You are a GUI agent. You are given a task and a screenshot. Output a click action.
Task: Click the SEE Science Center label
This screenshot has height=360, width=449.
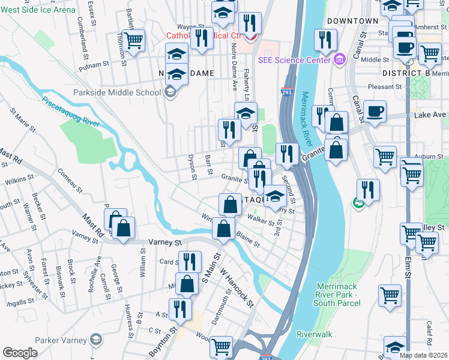click(x=295, y=59)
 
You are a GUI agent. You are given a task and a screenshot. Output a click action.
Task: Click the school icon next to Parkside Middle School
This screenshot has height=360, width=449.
click(x=170, y=92)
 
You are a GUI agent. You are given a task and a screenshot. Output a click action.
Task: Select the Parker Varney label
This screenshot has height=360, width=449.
click(x=61, y=340)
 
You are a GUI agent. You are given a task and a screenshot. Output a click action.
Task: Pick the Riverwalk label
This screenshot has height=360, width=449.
click(x=314, y=333)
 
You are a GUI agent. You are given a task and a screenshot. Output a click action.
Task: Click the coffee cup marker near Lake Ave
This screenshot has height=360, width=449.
click(x=375, y=111)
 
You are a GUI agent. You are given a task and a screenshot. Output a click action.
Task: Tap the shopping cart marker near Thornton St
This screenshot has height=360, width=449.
click(x=134, y=41)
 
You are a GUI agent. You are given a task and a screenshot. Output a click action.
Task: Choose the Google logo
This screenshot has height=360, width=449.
click(x=20, y=353)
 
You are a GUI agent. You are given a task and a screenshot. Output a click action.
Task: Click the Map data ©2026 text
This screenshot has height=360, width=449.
click(x=424, y=355)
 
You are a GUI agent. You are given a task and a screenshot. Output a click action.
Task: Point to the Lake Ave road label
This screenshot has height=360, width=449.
click(x=430, y=115)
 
